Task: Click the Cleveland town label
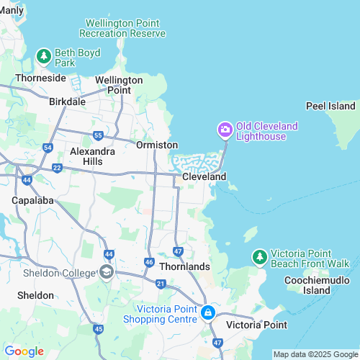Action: [x=204, y=176]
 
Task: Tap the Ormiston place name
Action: [x=157, y=145]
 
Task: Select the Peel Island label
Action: [x=331, y=106]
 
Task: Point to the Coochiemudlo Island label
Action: [x=307, y=285]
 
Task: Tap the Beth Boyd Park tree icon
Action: [x=44, y=55]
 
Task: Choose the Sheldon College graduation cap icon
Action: [x=107, y=271]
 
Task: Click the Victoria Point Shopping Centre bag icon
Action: [x=208, y=312]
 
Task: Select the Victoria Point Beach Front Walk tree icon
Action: [x=259, y=256]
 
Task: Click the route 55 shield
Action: [x=98, y=135]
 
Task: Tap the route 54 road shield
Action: [x=48, y=148]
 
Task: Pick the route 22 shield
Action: [x=57, y=167]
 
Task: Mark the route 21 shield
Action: [x=161, y=285]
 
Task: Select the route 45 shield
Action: [x=99, y=329]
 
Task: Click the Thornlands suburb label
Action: [x=184, y=266]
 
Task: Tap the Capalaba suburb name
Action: [x=32, y=199]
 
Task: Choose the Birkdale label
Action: [x=67, y=102]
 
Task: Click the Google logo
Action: [x=24, y=351]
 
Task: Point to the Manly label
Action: [x=12, y=9]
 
